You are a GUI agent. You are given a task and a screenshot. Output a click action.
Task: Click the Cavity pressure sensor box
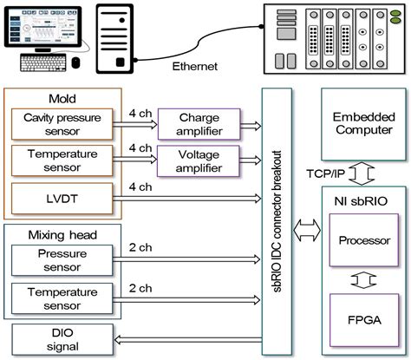56,125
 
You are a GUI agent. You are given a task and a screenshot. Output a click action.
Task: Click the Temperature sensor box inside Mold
56,160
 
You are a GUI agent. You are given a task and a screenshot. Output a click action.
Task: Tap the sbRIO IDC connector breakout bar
277,217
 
